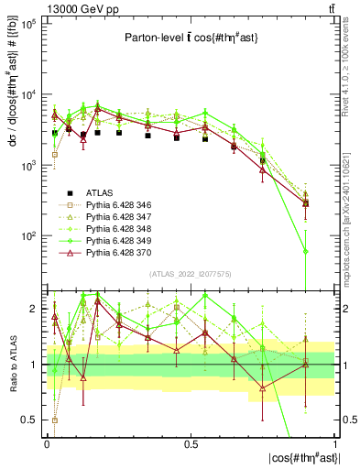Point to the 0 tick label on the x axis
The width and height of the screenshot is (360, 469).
click(47, 442)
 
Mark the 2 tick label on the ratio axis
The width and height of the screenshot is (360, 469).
click(35, 309)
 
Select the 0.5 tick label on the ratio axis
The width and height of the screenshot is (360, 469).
click(30, 420)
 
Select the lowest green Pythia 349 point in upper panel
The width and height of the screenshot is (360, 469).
click(305, 251)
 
